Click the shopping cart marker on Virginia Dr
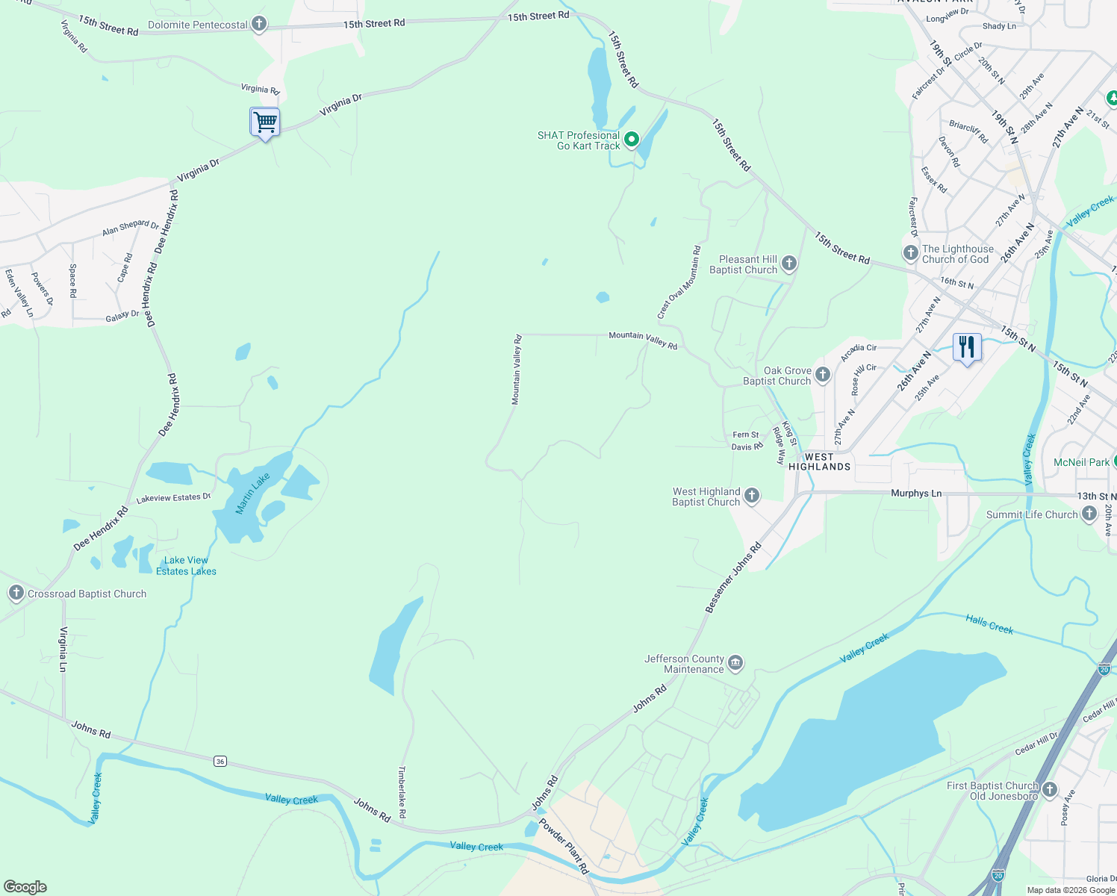coord(265,122)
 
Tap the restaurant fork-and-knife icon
coord(967,347)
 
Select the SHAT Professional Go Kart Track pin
coord(632,140)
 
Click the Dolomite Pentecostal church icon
coord(259,25)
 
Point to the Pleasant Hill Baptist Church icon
coord(789,264)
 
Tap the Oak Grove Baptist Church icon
coord(823,375)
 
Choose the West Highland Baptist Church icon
coord(752,496)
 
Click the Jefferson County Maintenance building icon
coord(735,663)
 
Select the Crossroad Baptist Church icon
coord(16,594)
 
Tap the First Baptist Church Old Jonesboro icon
coord(1050,790)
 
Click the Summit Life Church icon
coord(1089,514)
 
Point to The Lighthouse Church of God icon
coord(911,253)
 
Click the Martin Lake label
coord(252,494)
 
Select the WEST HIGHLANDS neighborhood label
coord(819,461)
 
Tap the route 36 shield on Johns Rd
coord(220,761)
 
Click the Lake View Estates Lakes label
coord(186,566)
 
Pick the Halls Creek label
coord(989,624)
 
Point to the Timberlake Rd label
coord(402,791)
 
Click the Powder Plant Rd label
coord(564,847)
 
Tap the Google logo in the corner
coord(25,887)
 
